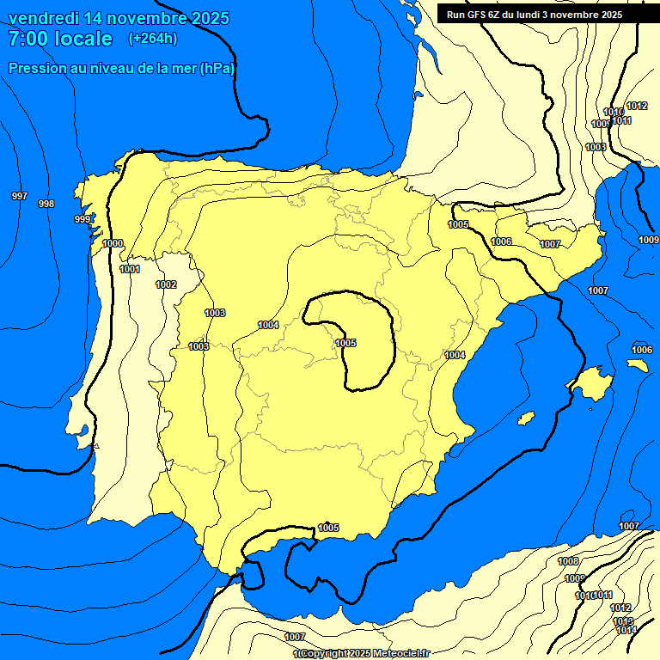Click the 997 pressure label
[19, 197]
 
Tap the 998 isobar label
[46, 204]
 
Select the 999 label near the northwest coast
[82, 219]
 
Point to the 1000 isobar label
[113, 243]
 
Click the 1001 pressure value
[130, 269]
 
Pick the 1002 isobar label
[166, 284]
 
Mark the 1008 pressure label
[568, 561]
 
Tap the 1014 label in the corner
[626, 631]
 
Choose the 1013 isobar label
[623, 620]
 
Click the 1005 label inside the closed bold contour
[345, 343]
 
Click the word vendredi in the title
[43, 18]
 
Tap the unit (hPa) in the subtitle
[217, 68]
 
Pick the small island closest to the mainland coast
[526, 418]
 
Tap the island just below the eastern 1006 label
[637, 364]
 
